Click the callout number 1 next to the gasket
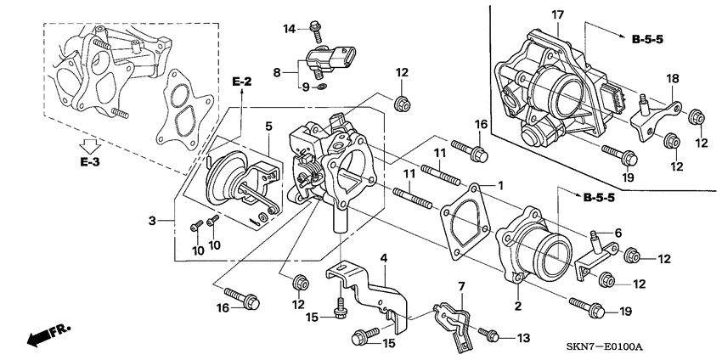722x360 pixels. click(500, 185)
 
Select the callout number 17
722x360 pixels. click(557, 14)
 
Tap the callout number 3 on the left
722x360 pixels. click(152, 222)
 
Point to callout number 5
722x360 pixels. click(268, 127)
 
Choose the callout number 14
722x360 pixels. click(289, 29)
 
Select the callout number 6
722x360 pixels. click(618, 233)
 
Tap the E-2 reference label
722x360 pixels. click(242, 82)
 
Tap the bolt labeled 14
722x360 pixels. click(316, 31)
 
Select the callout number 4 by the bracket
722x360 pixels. click(383, 256)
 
